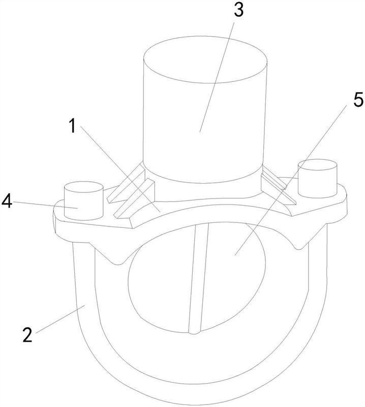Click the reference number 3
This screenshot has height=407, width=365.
(238, 11)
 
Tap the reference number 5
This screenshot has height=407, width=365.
(358, 99)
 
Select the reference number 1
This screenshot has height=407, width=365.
(73, 125)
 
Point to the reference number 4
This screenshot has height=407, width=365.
(7, 201)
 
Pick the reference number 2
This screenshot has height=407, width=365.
(27, 335)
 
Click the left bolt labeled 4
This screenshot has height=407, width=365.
(83, 200)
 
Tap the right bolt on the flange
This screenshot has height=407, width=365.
(318, 179)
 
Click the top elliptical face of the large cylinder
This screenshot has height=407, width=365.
(205, 60)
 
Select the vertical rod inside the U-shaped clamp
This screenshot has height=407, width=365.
(198, 278)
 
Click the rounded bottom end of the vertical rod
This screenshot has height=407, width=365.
(194, 332)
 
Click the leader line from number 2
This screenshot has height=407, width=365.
(60, 319)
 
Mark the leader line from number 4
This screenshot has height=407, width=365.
(45, 205)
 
